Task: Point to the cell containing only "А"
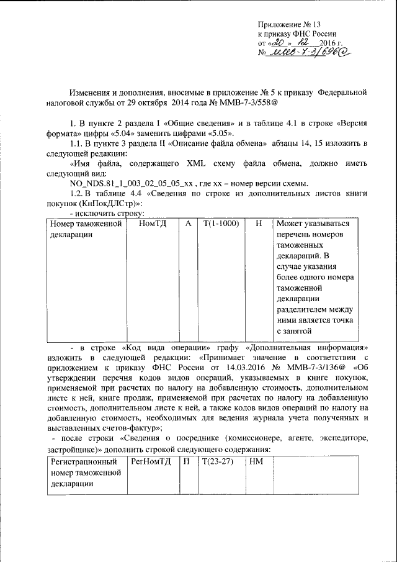click(187, 223)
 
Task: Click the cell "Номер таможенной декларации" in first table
click(86, 229)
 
